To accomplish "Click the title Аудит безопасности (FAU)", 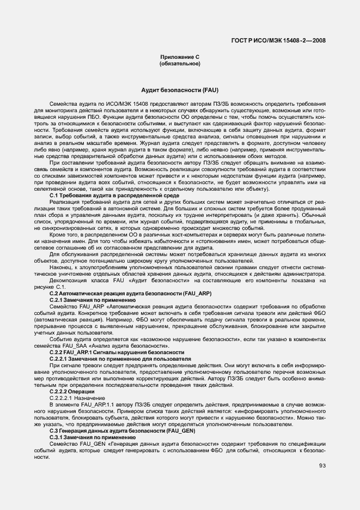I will (180, 89).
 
